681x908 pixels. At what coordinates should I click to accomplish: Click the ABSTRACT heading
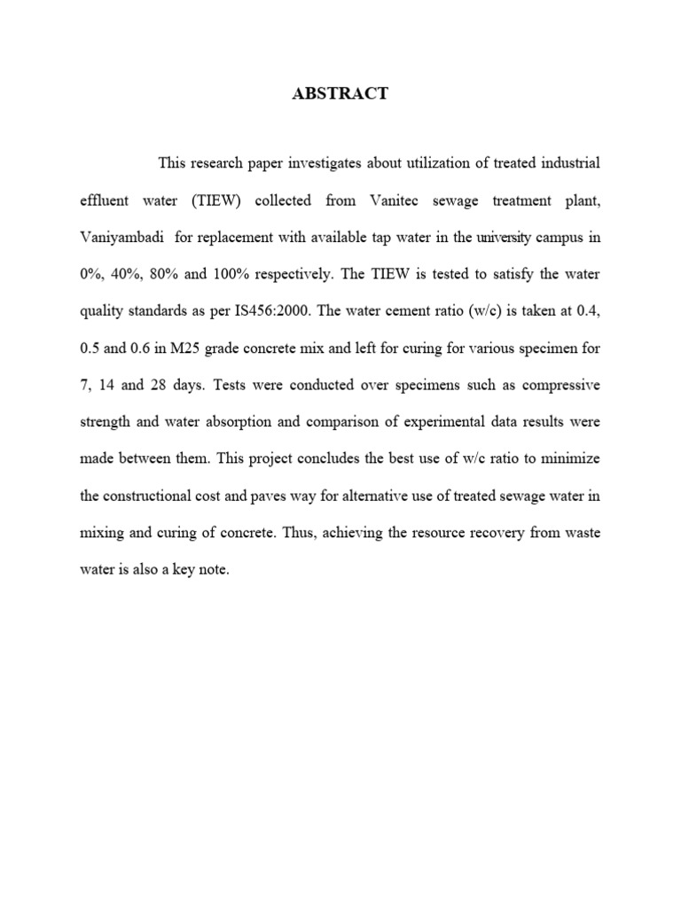point(340,94)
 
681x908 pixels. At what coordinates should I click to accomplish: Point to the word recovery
point(504,534)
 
